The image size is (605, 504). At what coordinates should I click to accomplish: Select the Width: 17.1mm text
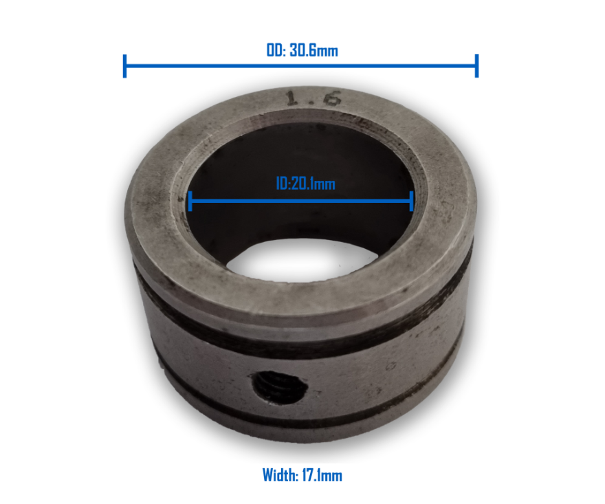pos(302,474)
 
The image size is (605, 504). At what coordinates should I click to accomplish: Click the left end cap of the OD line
pos(124,66)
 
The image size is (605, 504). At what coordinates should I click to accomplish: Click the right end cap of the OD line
pos(476,66)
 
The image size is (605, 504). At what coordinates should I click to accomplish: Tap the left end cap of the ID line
pos(189,201)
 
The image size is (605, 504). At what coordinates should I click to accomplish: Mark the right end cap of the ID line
pos(411,201)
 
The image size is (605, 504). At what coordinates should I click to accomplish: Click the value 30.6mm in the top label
pos(313,50)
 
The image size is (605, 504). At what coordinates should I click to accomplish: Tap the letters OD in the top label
pos(274,50)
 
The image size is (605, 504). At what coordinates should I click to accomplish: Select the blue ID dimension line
pos(241,201)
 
